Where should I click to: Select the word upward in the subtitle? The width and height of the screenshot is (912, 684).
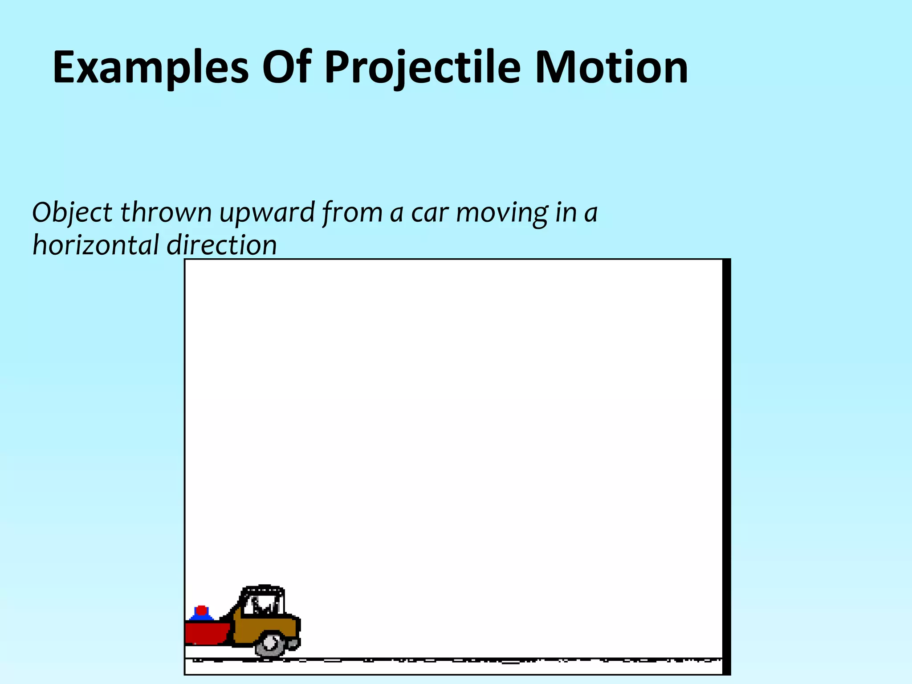[x=267, y=213]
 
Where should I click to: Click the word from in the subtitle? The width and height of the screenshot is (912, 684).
[x=352, y=213]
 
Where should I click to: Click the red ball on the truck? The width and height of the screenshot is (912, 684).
[x=201, y=610]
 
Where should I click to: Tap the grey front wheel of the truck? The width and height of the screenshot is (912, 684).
[x=270, y=643]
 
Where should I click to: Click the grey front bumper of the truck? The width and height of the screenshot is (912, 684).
[x=293, y=643]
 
